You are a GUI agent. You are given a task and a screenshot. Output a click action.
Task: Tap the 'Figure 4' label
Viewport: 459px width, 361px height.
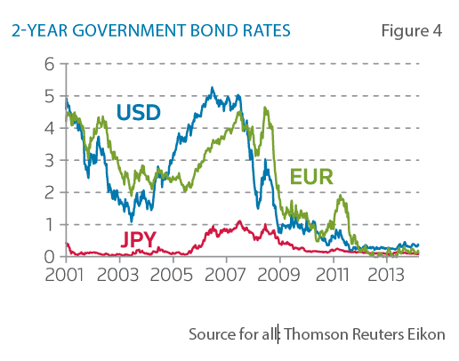411,31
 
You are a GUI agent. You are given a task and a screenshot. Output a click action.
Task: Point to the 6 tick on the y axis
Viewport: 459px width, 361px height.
51,64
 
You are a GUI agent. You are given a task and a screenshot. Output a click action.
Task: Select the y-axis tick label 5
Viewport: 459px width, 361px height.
51,96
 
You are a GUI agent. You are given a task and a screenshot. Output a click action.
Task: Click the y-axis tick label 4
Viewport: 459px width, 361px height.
51,128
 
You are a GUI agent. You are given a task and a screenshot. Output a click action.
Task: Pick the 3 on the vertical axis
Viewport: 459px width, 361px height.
51,160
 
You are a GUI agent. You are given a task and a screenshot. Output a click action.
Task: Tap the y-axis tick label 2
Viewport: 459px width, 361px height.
51,192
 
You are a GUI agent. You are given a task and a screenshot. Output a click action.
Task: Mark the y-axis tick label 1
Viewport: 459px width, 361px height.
51,224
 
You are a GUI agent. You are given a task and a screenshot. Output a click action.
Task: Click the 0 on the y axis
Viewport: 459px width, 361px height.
51,256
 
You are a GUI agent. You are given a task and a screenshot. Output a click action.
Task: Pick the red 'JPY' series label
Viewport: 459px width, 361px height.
140,240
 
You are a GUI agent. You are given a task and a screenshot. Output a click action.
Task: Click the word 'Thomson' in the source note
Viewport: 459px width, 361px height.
312,334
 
